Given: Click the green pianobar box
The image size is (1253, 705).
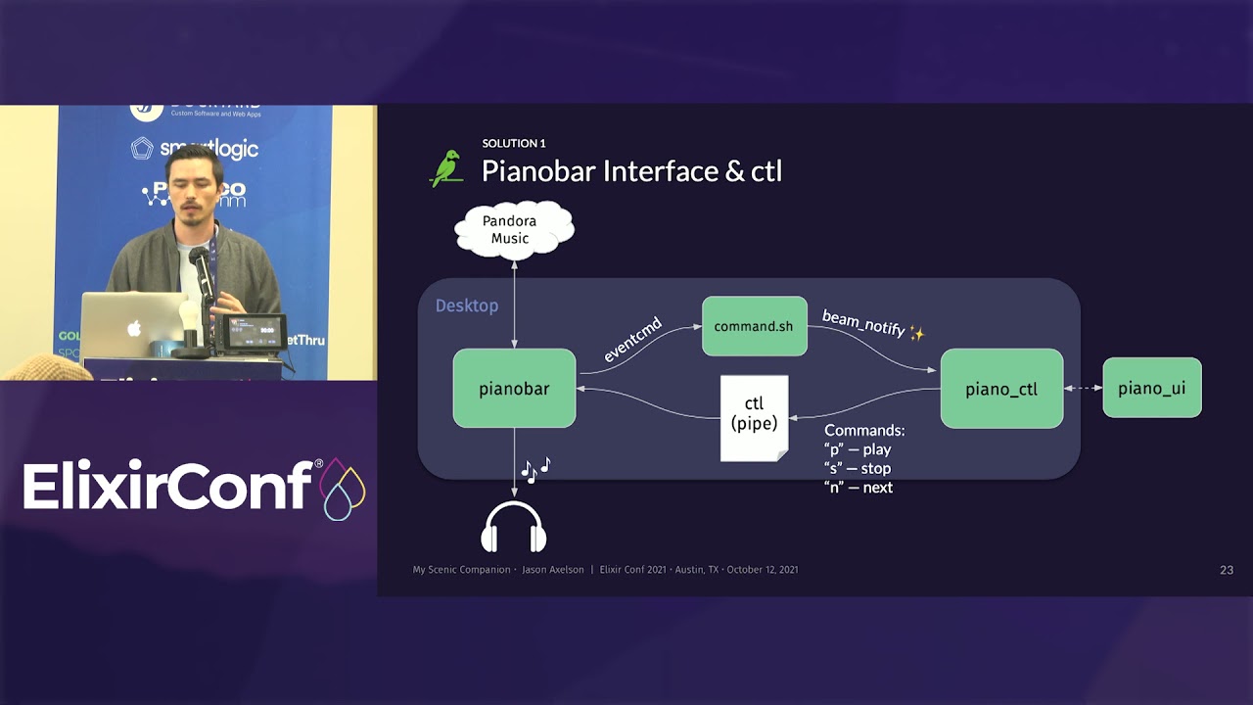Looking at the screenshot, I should (x=514, y=389).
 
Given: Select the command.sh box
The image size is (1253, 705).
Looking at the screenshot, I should (x=754, y=326).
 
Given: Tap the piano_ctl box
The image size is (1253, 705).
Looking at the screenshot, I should (x=1001, y=389).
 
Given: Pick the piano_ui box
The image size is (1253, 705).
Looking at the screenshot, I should (x=1151, y=389).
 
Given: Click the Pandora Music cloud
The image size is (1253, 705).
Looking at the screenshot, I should (x=513, y=230).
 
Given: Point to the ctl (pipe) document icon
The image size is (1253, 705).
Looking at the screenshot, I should (x=754, y=417).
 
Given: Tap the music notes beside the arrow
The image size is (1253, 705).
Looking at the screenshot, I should (x=535, y=469).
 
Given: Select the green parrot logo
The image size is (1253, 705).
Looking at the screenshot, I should (x=446, y=168).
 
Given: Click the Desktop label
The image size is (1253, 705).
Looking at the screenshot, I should (x=467, y=305).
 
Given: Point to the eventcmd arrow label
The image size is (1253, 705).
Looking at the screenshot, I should (x=632, y=340).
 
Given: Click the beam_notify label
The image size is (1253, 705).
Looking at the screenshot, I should (x=863, y=324).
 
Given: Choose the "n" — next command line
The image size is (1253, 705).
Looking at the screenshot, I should (x=859, y=488).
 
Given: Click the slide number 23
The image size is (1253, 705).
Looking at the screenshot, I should (x=1226, y=570).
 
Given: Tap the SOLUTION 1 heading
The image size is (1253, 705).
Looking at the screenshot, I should (x=514, y=144).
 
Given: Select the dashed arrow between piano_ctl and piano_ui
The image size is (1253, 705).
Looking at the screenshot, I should (x=1083, y=389).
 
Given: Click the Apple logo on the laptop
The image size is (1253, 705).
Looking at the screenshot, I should (x=134, y=328).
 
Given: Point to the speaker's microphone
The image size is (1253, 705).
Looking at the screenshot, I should (x=200, y=264).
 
